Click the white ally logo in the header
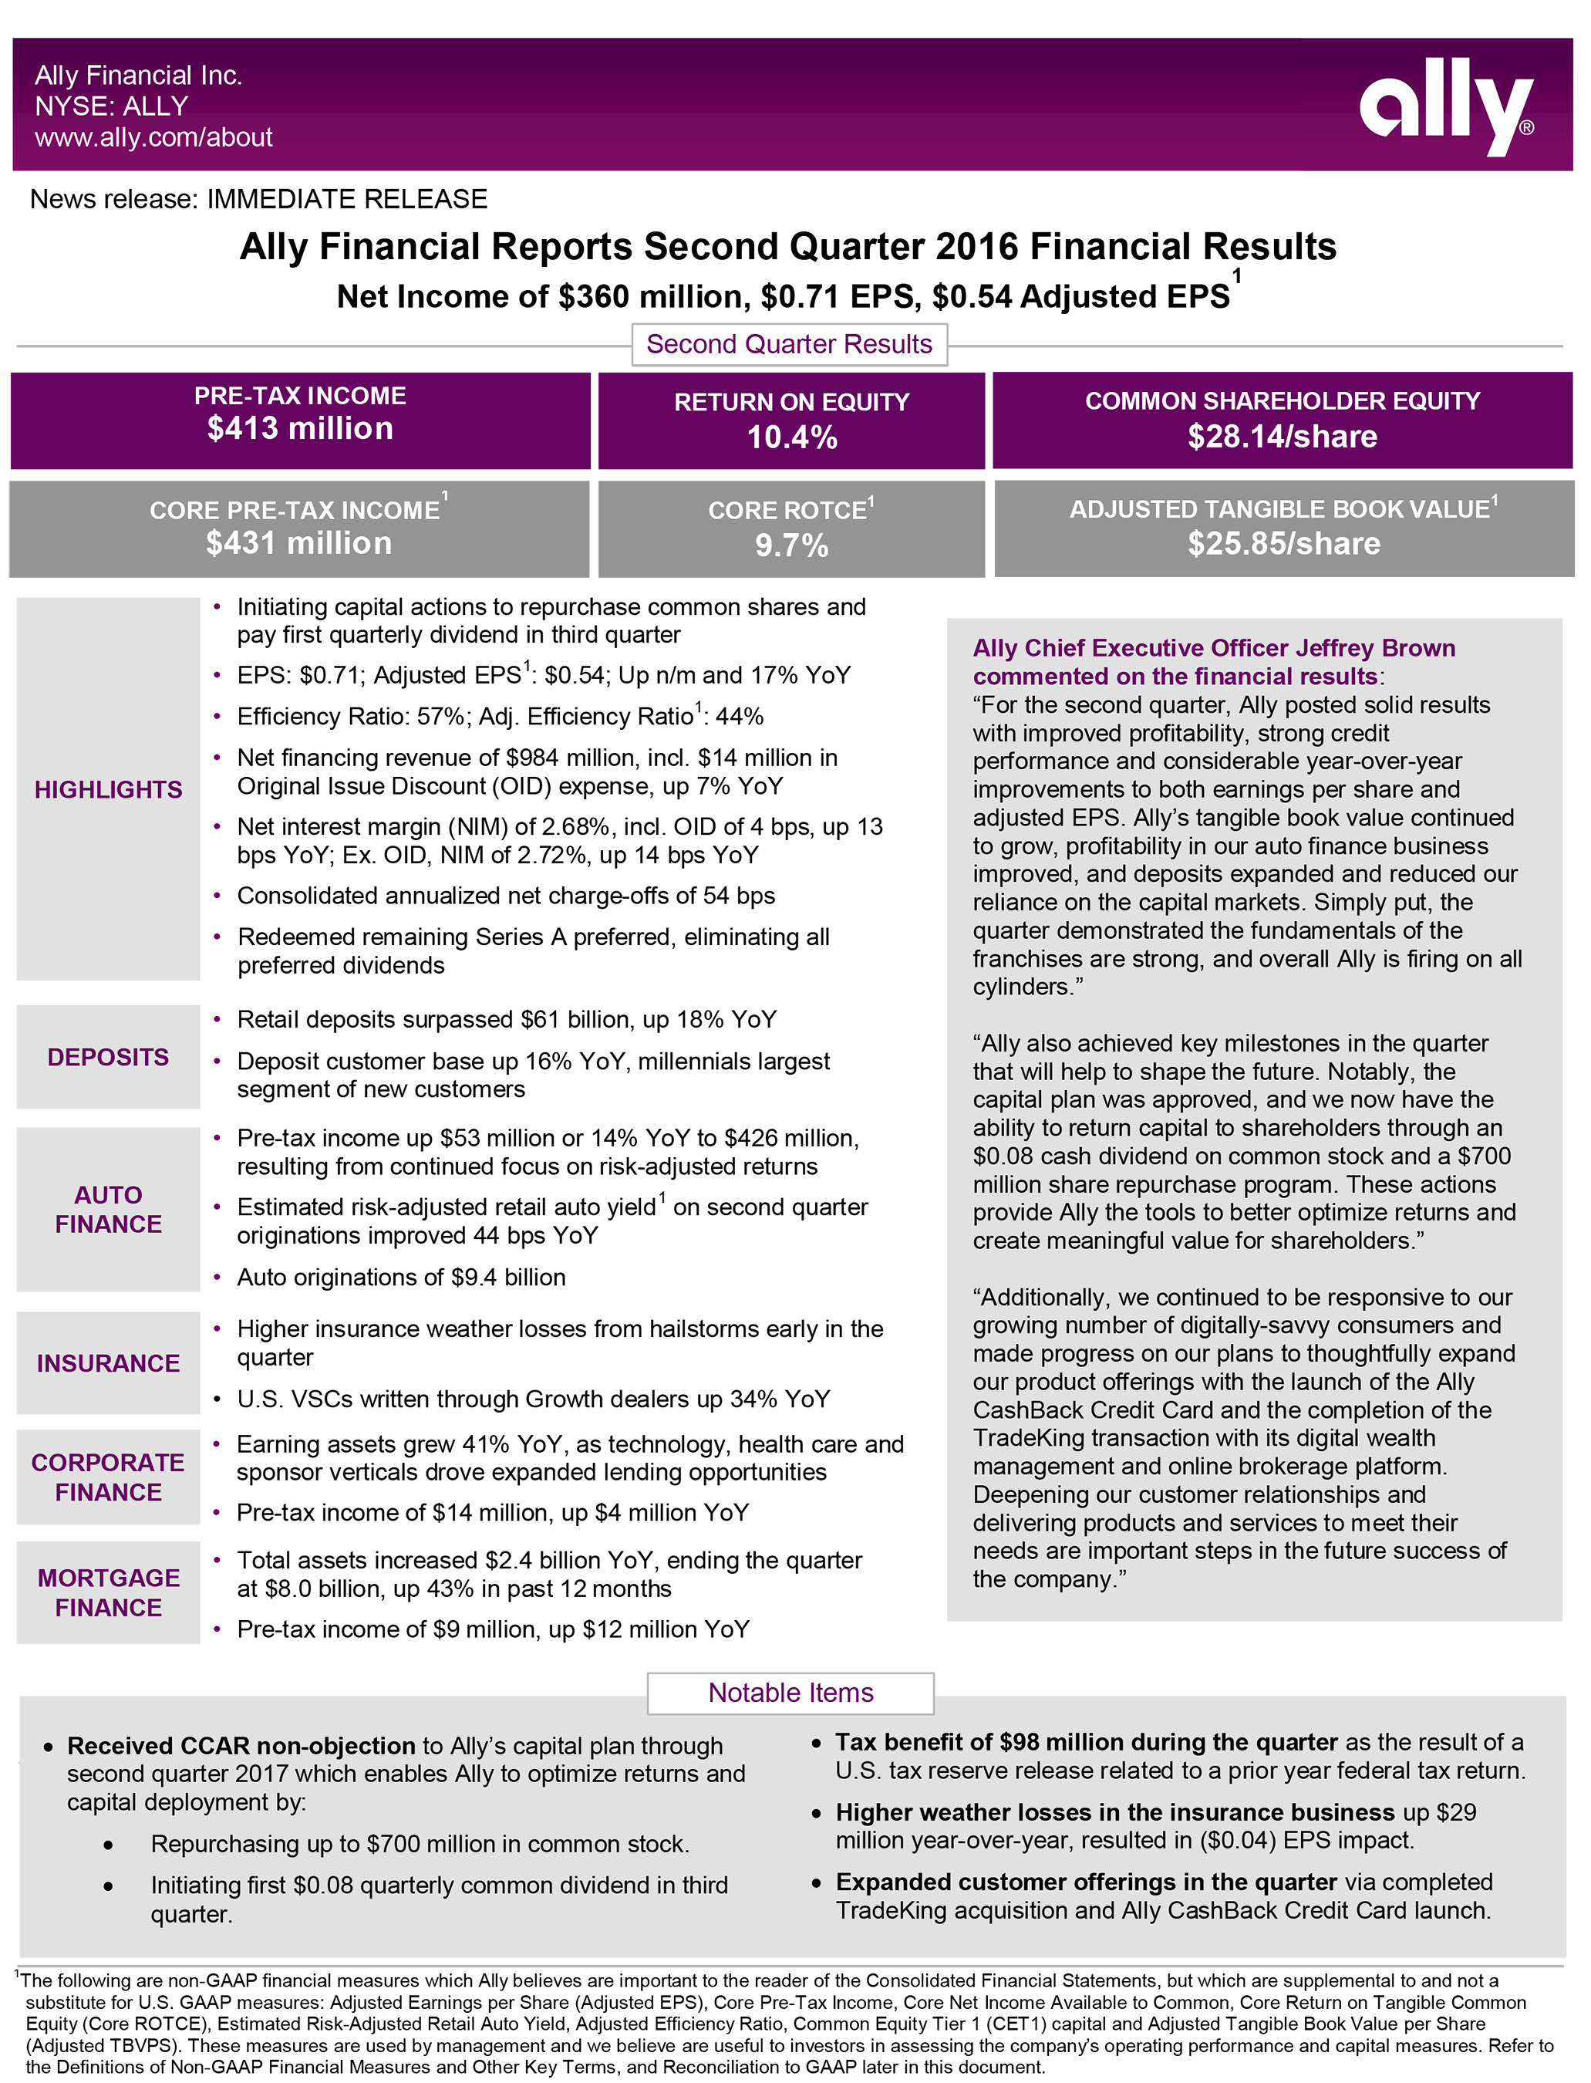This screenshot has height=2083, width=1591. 1445,104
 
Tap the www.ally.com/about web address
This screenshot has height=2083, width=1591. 153,137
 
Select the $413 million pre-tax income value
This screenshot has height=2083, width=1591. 300,429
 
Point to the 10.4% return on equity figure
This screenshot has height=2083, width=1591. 792,437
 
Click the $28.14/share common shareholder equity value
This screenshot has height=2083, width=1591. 1283,437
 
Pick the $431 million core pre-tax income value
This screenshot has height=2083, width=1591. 299,544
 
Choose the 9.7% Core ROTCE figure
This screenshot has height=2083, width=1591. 792,546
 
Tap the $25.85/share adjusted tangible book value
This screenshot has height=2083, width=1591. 1284,544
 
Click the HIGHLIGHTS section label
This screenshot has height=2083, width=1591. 108,790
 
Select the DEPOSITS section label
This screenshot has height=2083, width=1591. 108,1057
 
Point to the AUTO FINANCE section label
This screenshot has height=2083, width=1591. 108,1210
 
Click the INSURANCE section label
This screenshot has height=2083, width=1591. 108,1363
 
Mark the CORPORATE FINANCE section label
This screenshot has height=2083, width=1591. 108,1477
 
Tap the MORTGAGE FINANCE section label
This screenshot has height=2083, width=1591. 108,1592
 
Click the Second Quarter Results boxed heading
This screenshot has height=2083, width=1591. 789,344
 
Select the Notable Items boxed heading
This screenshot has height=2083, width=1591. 790,1693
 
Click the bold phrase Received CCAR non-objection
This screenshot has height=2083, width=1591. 241,1746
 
